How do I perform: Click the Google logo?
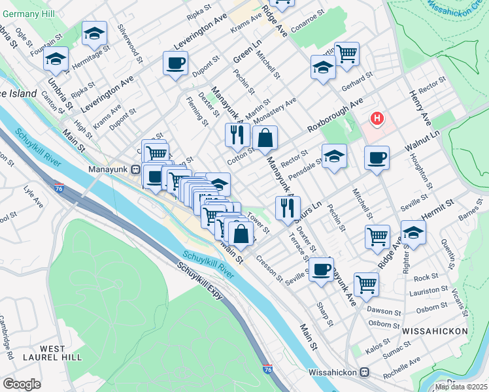click(x=22, y=384)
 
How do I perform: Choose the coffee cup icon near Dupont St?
click(x=175, y=64)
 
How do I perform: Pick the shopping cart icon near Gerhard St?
click(x=347, y=52)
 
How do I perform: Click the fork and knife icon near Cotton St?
click(x=237, y=135)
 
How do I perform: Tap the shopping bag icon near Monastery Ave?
click(x=265, y=138)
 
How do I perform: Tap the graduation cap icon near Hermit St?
click(x=413, y=232)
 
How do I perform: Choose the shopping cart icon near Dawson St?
click(x=366, y=284)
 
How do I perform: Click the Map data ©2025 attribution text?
click(x=462, y=387)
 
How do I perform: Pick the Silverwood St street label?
click(x=130, y=44)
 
